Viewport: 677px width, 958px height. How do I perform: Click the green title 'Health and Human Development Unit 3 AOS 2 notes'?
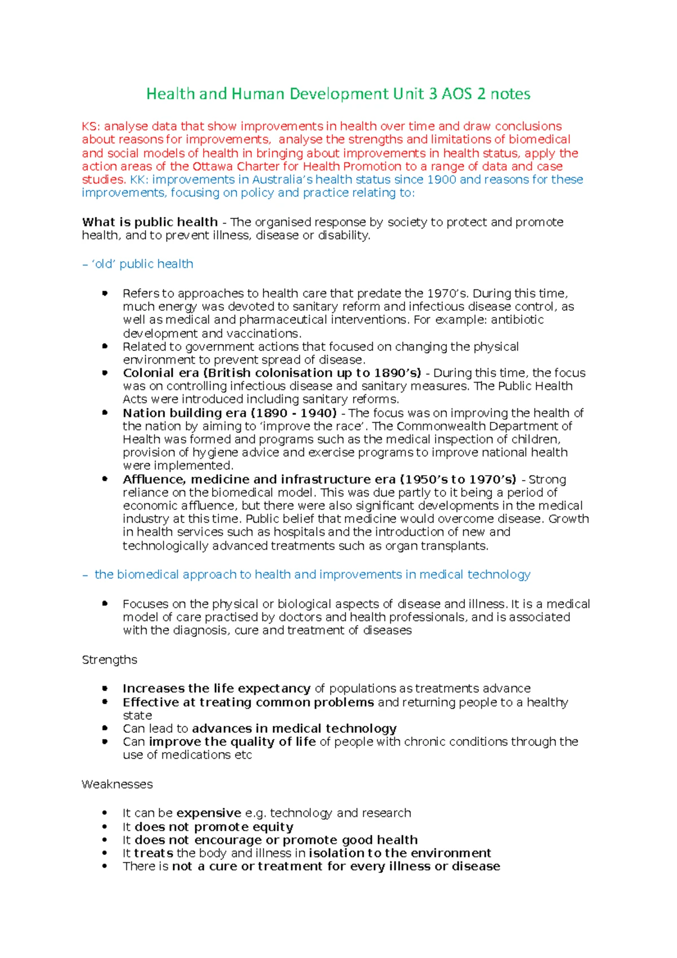[x=338, y=94]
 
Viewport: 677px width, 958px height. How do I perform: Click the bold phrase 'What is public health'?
[x=150, y=222]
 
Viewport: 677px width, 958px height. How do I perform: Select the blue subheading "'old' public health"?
[x=142, y=264]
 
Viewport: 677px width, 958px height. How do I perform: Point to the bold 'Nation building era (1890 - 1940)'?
[x=230, y=413]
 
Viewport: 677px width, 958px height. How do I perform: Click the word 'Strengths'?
[x=109, y=660]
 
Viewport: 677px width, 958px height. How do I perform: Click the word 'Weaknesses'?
[x=117, y=784]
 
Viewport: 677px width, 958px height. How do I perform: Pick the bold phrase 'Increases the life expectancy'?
[x=216, y=688]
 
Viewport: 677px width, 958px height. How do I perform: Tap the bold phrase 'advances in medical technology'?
[x=294, y=728]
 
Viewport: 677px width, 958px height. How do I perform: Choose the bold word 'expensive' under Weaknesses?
[x=209, y=813]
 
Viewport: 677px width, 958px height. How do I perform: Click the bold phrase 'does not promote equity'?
[x=214, y=827]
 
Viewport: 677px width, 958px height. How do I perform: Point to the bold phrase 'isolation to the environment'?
[x=399, y=853]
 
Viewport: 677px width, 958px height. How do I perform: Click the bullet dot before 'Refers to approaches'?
[x=104, y=293]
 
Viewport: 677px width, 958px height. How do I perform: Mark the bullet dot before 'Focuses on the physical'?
[x=104, y=603]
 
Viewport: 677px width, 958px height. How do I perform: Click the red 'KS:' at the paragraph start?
[x=91, y=126]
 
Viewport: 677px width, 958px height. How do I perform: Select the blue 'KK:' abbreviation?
[x=139, y=179]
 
